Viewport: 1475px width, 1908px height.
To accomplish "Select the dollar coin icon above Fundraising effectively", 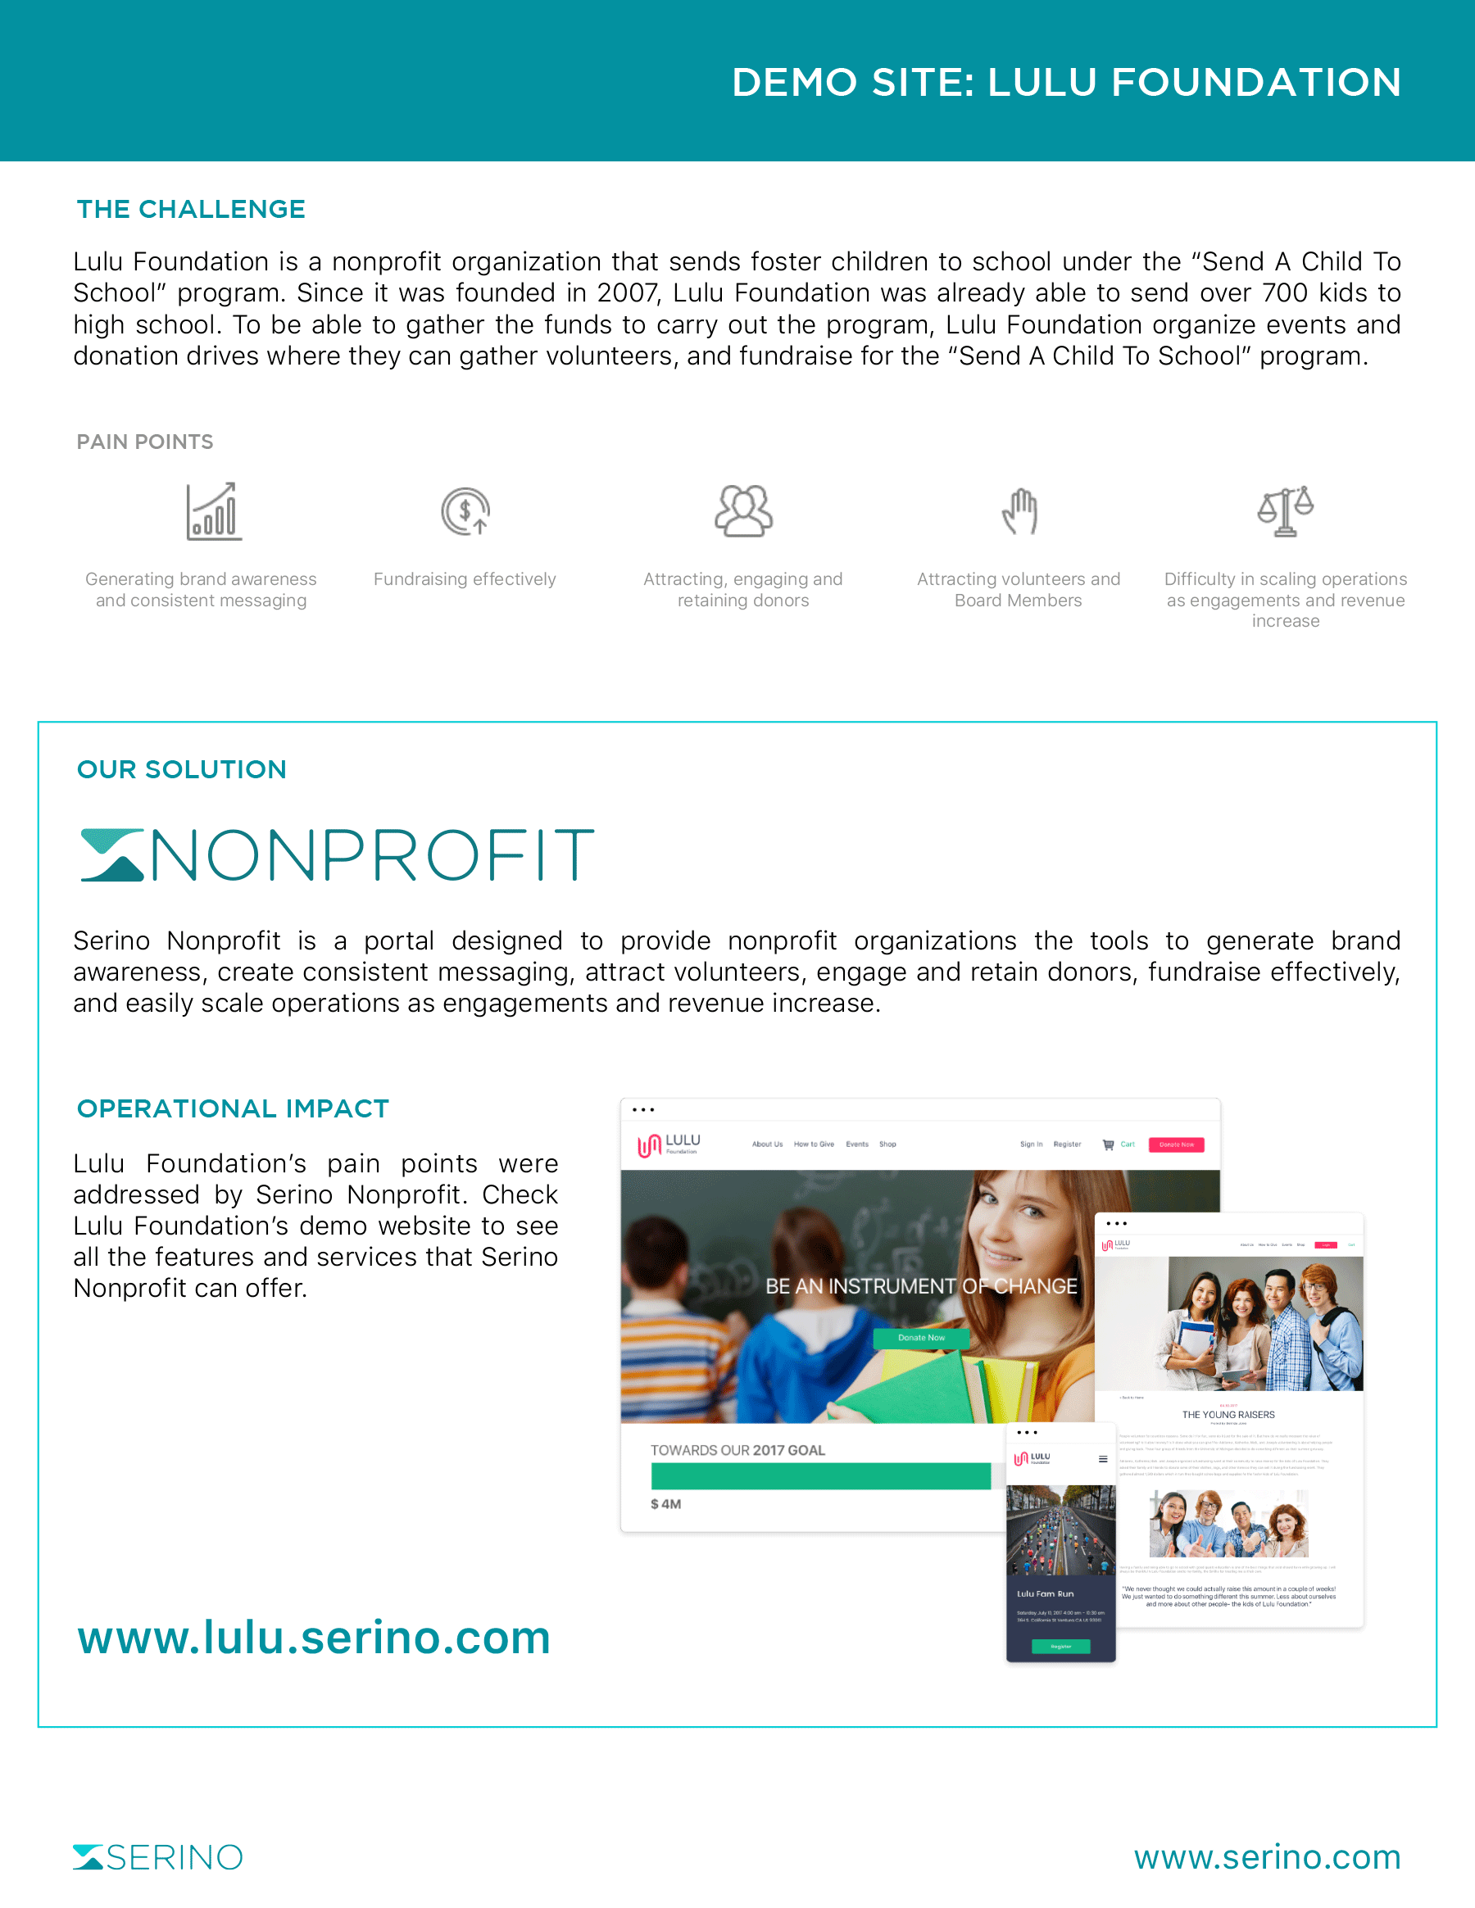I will [465, 511].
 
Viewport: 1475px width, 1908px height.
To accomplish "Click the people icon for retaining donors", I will [742, 511].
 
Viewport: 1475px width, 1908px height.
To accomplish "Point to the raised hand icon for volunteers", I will [1019, 511].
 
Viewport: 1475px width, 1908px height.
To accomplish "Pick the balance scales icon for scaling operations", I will [1286, 511].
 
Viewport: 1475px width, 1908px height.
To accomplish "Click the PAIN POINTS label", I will [145, 442].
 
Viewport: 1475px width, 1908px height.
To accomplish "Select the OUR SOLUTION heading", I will [182, 769].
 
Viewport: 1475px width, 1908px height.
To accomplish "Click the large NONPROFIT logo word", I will [373, 855].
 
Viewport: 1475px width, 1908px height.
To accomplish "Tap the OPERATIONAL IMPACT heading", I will [233, 1108].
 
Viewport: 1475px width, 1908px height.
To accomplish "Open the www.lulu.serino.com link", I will [314, 1637].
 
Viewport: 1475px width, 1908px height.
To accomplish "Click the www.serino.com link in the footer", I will [1267, 1857].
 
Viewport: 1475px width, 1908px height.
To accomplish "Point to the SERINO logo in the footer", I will [158, 1857].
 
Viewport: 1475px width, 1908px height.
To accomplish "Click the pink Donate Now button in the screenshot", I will [1176, 1144].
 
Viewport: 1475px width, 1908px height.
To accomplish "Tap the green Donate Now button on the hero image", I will [921, 1338].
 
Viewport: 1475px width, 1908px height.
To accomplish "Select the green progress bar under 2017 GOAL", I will [820, 1475].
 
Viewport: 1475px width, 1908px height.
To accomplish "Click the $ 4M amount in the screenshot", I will [666, 1504].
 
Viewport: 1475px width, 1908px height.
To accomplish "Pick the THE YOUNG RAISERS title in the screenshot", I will [1228, 1414].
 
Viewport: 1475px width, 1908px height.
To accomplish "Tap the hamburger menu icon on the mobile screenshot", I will [1103, 1459].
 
